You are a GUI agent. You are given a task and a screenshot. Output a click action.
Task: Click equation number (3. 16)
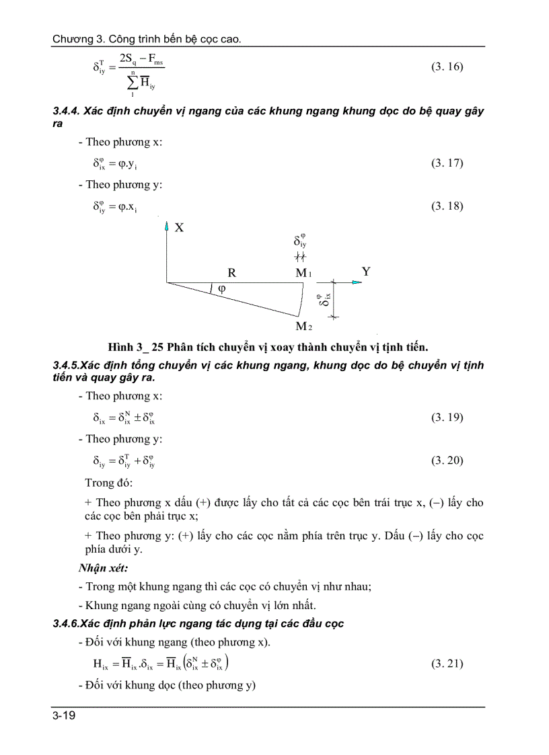(x=447, y=67)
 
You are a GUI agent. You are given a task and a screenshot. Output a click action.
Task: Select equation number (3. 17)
(x=447, y=163)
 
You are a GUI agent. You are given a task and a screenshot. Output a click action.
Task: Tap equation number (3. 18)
(x=447, y=206)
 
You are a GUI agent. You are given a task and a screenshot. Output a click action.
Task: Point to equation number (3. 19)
(x=447, y=418)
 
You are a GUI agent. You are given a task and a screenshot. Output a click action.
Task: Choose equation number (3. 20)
(x=447, y=461)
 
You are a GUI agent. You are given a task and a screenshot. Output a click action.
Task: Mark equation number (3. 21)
(x=447, y=664)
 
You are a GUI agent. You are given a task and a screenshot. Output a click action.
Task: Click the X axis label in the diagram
(x=179, y=228)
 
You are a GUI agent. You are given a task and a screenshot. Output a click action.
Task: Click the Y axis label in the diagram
(x=366, y=272)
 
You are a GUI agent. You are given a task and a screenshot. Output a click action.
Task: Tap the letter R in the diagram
(x=231, y=273)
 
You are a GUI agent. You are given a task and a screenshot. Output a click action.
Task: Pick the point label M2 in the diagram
(x=303, y=327)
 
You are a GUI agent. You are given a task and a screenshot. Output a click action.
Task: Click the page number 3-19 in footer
(x=64, y=716)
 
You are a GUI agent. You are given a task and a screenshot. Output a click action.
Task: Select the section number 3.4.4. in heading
(x=67, y=112)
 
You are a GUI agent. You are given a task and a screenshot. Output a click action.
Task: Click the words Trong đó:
(x=109, y=483)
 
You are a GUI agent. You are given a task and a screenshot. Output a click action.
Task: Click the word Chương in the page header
(x=71, y=40)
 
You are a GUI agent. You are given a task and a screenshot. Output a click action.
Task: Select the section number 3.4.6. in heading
(x=67, y=623)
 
